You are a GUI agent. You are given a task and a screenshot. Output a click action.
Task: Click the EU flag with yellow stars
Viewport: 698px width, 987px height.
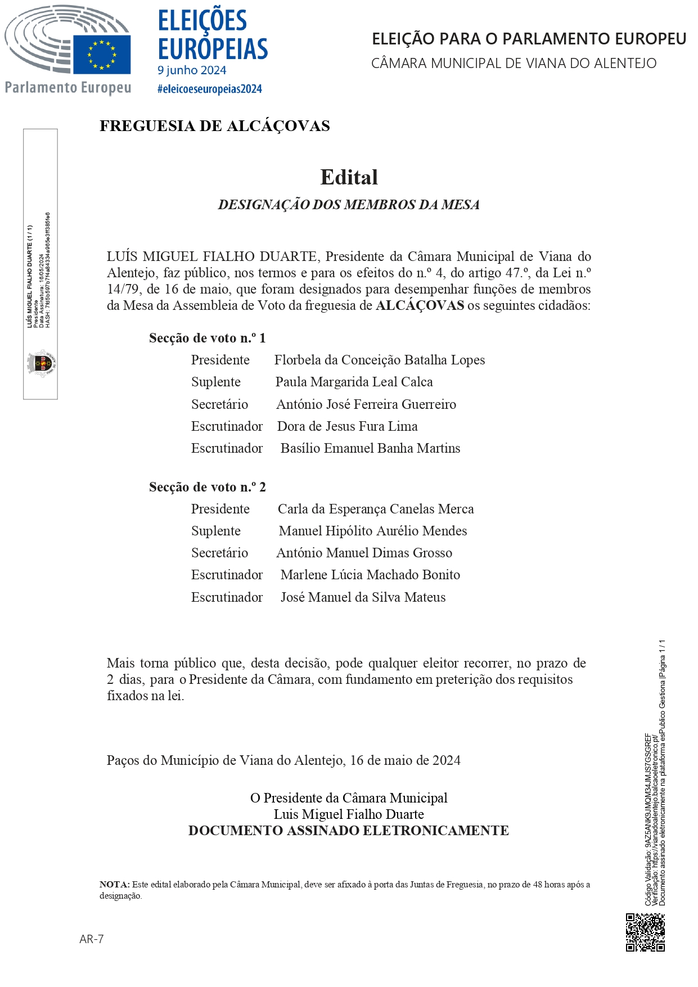102,54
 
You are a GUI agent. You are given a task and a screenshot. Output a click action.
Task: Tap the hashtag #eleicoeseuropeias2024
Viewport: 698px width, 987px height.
209,89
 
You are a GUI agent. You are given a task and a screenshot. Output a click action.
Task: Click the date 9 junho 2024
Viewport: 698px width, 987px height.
192,70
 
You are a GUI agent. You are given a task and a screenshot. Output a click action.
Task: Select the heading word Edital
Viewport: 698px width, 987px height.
349,177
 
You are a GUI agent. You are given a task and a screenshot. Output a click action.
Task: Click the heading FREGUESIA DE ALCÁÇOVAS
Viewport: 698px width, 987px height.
214,126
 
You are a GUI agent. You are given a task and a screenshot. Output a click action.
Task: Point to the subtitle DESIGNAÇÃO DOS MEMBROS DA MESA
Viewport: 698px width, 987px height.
349,205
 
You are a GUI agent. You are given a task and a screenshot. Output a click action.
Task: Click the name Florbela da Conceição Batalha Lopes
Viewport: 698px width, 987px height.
379,360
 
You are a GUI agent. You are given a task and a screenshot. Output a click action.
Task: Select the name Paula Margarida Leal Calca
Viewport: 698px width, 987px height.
354,382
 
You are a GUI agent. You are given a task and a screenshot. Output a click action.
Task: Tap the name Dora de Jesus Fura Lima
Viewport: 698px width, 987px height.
347,426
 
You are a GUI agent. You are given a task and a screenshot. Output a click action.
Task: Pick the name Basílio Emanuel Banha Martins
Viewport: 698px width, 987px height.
370,448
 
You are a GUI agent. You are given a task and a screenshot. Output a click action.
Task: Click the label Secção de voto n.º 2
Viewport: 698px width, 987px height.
207,487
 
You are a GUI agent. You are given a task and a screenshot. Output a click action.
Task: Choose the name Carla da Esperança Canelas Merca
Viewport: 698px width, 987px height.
375,509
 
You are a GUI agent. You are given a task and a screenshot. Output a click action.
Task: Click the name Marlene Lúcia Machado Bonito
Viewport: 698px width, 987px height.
370,575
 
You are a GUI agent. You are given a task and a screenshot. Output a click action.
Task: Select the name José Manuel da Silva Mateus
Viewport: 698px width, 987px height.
363,597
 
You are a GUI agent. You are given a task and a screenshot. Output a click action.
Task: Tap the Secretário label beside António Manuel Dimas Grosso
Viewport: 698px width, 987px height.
219,553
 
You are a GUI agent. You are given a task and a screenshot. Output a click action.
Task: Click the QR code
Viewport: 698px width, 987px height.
645,932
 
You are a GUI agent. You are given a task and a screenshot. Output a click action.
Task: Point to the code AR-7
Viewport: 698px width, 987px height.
92,939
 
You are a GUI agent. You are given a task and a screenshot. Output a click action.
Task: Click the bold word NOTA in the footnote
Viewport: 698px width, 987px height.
114,885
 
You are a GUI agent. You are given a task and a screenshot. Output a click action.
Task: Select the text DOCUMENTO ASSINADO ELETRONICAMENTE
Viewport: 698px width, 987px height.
348,831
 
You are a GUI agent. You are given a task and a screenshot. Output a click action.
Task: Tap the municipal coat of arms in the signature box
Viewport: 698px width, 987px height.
41,363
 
